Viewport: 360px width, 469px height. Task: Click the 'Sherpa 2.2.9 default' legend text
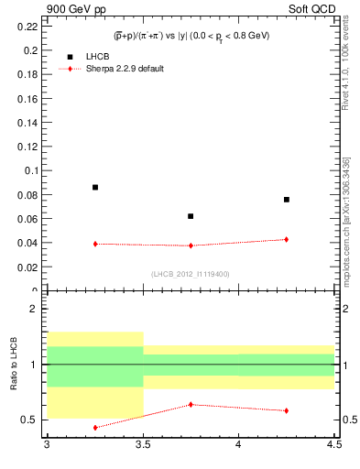click(125, 69)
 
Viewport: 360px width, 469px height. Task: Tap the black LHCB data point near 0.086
click(95, 187)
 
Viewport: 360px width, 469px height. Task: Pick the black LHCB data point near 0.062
click(191, 216)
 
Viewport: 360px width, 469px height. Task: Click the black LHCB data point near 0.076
click(287, 199)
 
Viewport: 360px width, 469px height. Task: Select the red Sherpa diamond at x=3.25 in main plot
click(95, 244)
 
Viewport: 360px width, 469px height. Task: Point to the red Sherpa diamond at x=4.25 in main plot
click(287, 239)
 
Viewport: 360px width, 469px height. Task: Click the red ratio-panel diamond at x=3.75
click(191, 404)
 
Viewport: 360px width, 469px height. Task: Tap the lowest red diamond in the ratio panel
click(95, 427)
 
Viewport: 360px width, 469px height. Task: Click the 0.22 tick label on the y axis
click(29, 26)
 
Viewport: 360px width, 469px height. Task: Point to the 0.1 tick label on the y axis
click(32, 170)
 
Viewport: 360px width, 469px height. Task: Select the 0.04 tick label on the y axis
click(29, 243)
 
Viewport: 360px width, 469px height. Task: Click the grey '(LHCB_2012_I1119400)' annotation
click(191, 273)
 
